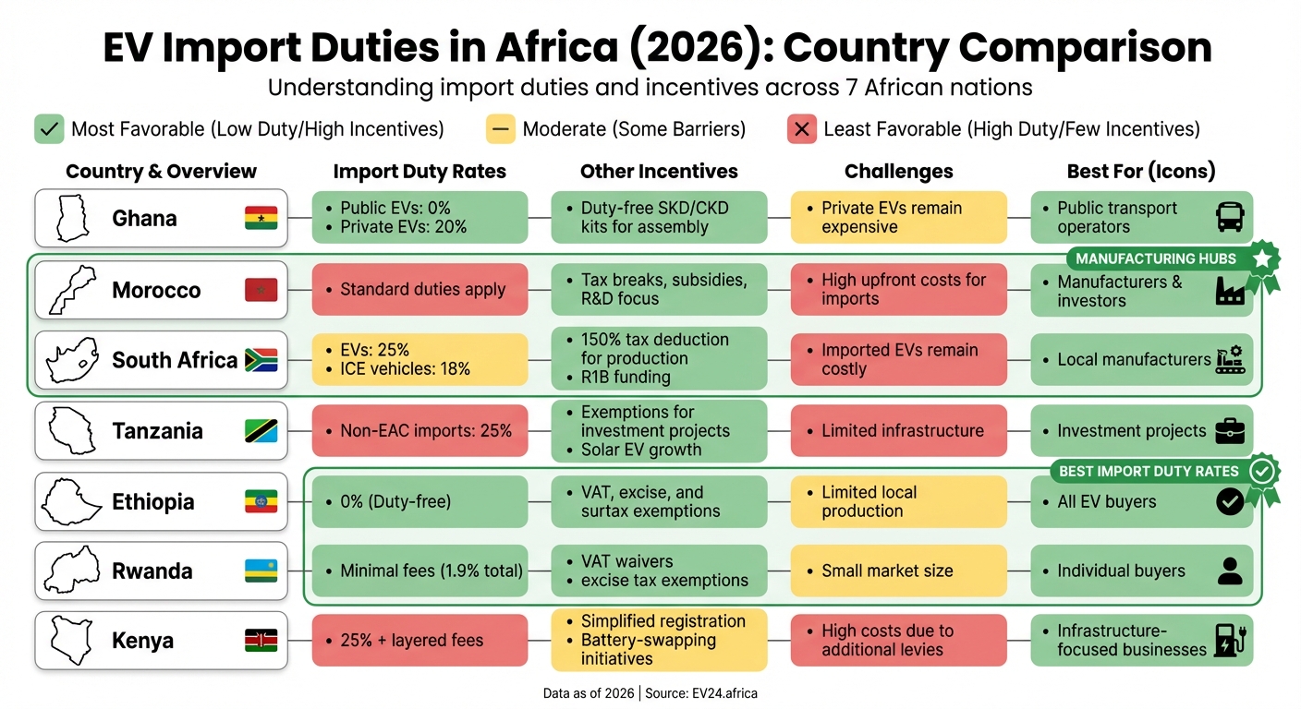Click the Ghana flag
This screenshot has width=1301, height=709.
261,219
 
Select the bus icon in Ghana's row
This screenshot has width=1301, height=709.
1230,218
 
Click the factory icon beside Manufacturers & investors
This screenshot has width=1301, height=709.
1230,290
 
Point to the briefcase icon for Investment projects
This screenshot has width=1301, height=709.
1230,431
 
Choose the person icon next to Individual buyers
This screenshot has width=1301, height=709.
1230,571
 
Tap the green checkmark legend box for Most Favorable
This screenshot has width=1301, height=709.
49,129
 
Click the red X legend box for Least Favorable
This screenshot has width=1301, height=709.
801,129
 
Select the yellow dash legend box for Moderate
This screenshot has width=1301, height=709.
501,129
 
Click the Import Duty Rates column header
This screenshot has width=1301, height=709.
419,172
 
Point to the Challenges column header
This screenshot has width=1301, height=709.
898,172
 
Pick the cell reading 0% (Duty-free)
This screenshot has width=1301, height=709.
419,502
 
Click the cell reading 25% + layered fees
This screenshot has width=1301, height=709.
419,641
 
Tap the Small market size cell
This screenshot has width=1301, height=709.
898,571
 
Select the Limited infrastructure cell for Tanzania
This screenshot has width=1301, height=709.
898,431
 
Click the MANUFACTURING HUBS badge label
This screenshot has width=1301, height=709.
1155,258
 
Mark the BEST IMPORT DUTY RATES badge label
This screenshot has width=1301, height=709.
1148,471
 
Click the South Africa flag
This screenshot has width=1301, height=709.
261,360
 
